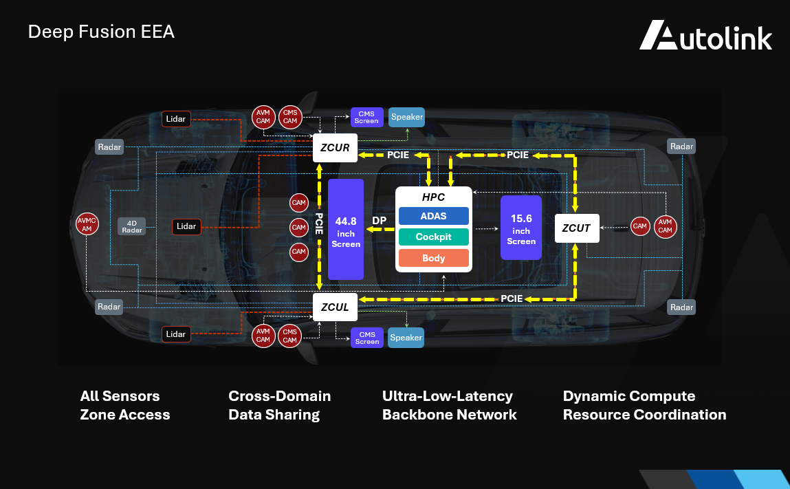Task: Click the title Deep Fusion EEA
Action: pos(101,32)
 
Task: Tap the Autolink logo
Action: pos(705,36)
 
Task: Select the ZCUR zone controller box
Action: pos(335,148)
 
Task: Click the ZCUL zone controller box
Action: pos(335,307)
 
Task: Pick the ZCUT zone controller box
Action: pos(576,228)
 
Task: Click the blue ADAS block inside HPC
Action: pos(433,216)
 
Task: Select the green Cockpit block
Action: pos(433,237)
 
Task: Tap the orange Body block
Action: pos(433,258)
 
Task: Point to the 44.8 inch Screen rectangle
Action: pos(346,228)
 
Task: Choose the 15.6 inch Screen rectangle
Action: pos(521,227)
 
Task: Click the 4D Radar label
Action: pos(132,226)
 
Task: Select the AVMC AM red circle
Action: pos(87,225)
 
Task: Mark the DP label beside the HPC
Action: pos(379,221)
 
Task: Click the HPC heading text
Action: pos(433,197)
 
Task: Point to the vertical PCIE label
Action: pos(319,223)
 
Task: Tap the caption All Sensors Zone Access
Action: pos(124,405)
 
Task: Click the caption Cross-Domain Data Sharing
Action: pos(279,405)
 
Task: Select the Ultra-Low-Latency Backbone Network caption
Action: pos(449,405)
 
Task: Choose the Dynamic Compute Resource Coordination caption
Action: pos(644,405)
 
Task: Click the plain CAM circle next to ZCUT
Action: pos(640,226)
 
